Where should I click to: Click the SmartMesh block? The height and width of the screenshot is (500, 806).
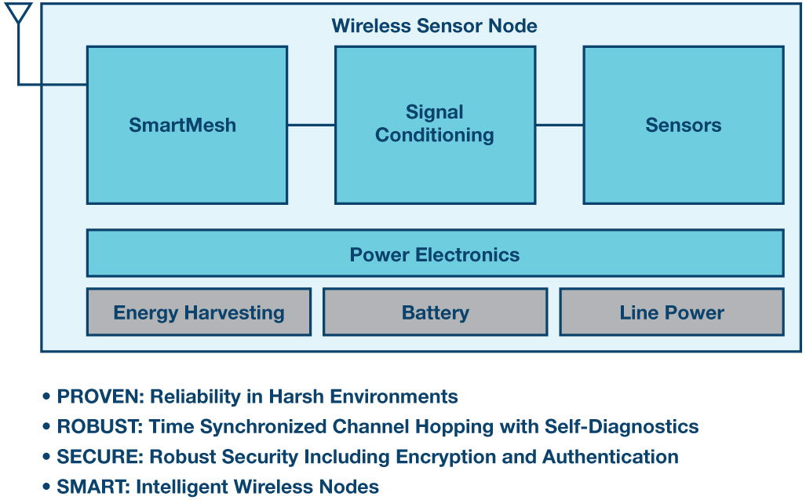pyautogui.click(x=187, y=125)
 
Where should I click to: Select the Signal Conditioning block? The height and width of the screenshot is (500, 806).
pyautogui.click(x=435, y=125)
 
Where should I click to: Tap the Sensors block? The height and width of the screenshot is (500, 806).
pyautogui.click(x=684, y=125)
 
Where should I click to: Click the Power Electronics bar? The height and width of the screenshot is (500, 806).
pyautogui.click(x=435, y=254)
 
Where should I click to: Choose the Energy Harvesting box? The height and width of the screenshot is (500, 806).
pyautogui.click(x=199, y=312)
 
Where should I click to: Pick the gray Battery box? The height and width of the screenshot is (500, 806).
pyautogui.click(x=435, y=312)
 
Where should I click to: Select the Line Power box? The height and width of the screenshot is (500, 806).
pyautogui.click(x=672, y=312)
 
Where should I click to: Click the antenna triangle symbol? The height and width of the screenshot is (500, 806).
pyautogui.click(x=19, y=13)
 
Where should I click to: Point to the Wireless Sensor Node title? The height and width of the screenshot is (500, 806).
pyautogui.click(x=434, y=26)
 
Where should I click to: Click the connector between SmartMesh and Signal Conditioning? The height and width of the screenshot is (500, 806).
pyautogui.click(x=311, y=125)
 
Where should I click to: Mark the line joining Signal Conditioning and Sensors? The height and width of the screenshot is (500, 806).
pyautogui.click(x=560, y=125)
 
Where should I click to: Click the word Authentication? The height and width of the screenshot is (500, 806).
pyautogui.click(x=610, y=457)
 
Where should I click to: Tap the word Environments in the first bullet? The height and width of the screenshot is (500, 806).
pyautogui.click(x=394, y=396)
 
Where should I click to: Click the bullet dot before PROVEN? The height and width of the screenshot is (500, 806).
pyautogui.click(x=47, y=396)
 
